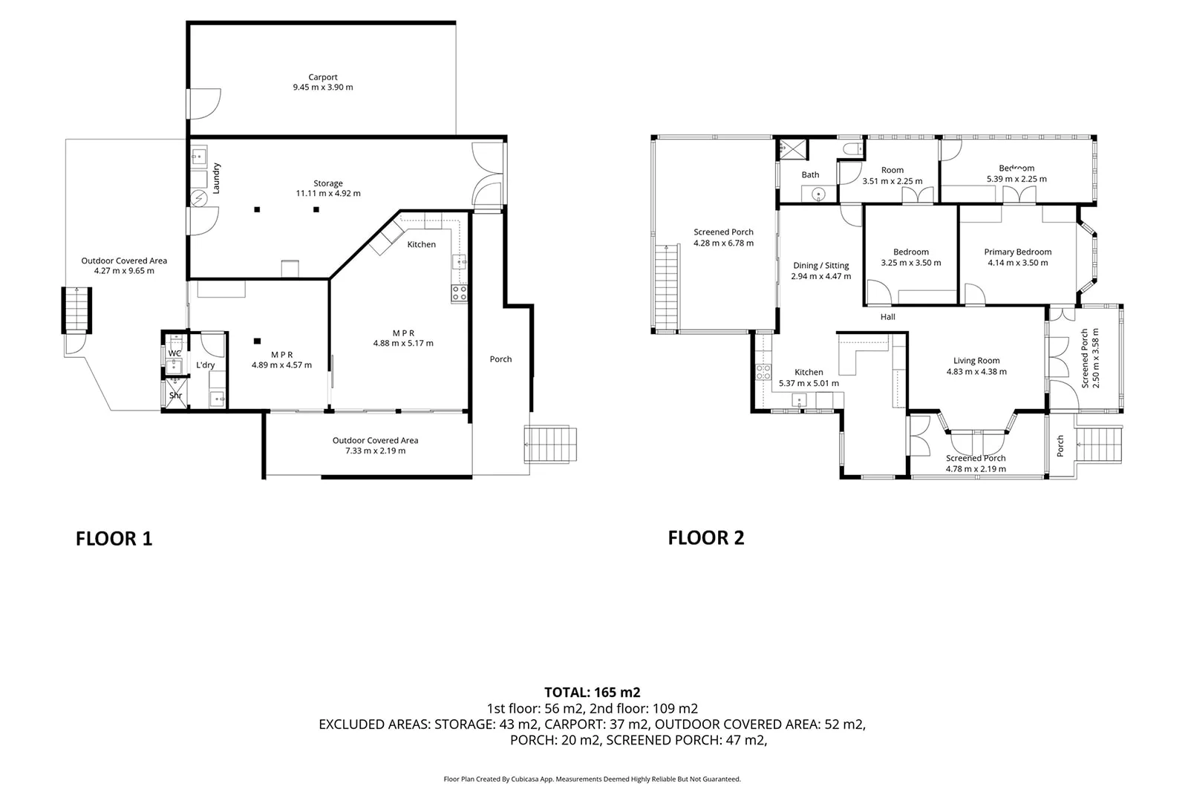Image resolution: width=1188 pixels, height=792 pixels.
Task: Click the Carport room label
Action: tap(323, 77)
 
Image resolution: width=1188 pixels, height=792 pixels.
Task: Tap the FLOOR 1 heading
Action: tap(114, 539)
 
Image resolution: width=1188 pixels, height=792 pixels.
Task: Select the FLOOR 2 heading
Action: tap(705, 537)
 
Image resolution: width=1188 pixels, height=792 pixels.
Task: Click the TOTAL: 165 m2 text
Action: tap(592, 693)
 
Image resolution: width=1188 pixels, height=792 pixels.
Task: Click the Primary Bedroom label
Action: tap(1017, 252)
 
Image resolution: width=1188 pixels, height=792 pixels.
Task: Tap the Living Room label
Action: tap(976, 361)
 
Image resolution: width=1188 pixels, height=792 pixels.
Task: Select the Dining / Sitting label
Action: tap(820, 266)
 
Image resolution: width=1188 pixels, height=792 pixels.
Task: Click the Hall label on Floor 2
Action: tap(887, 317)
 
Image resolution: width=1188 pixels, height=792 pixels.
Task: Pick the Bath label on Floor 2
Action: tap(810, 175)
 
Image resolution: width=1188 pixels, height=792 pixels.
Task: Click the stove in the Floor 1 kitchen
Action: tap(459, 293)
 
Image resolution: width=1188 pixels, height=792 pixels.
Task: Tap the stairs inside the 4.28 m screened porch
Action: tap(668, 287)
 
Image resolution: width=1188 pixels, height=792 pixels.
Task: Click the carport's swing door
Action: tap(203, 103)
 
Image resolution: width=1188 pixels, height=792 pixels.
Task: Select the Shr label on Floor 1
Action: tap(175, 396)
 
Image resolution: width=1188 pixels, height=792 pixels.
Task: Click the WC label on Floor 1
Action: tap(174, 353)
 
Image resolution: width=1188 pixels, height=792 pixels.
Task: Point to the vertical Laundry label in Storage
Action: tap(217, 178)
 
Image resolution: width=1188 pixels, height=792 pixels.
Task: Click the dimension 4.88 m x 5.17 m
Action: tap(403, 344)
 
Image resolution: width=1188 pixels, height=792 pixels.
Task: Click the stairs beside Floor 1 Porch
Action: tap(551, 445)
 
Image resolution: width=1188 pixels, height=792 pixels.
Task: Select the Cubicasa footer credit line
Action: tap(592, 779)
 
